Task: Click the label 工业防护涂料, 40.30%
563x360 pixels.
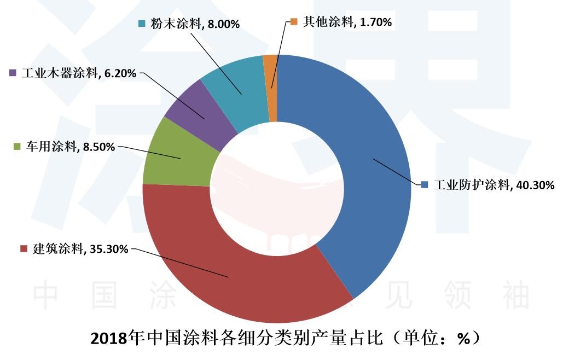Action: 494,185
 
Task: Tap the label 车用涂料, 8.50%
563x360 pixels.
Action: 68,147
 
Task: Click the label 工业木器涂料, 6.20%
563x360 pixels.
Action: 79,73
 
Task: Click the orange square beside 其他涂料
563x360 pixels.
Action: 294,22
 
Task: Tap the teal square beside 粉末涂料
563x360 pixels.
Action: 142,24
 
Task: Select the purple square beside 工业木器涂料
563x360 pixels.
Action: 14,73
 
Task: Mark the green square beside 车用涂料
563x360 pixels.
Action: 16,147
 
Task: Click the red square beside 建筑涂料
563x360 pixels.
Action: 24,249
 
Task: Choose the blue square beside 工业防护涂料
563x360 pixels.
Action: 425,185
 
